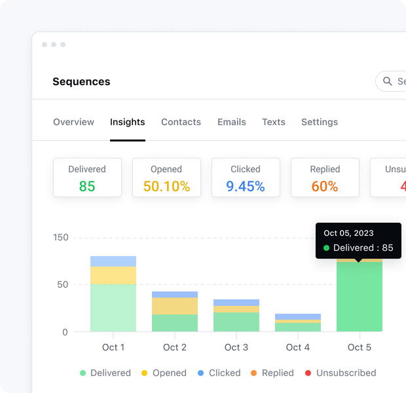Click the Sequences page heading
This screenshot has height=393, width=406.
(x=81, y=82)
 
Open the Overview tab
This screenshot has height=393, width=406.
(x=73, y=122)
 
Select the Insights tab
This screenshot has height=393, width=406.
(x=128, y=122)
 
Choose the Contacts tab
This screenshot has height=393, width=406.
(x=181, y=122)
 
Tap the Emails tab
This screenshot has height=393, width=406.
(x=232, y=122)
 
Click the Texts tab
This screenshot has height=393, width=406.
(x=274, y=122)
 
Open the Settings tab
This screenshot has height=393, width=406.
(x=320, y=122)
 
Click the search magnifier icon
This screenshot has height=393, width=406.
(x=387, y=82)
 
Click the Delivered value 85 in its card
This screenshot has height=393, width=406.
(x=87, y=187)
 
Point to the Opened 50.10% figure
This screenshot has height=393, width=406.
(x=166, y=187)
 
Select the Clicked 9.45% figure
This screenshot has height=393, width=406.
(x=246, y=187)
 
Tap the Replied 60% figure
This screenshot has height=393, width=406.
(x=325, y=187)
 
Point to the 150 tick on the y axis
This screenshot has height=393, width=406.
(x=60, y=238)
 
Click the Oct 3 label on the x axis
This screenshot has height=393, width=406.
(x=236, y=347)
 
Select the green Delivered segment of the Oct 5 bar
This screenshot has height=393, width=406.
(x=360, y=298)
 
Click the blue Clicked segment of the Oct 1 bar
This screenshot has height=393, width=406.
(x=113, y=261)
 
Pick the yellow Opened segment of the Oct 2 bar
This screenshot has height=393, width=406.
(x=175, y=306)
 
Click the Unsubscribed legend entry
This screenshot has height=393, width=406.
(x=341, y=373)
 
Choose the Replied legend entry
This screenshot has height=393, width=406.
(x=272, y=373)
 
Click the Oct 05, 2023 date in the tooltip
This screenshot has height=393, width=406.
(x=348, y=233)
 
